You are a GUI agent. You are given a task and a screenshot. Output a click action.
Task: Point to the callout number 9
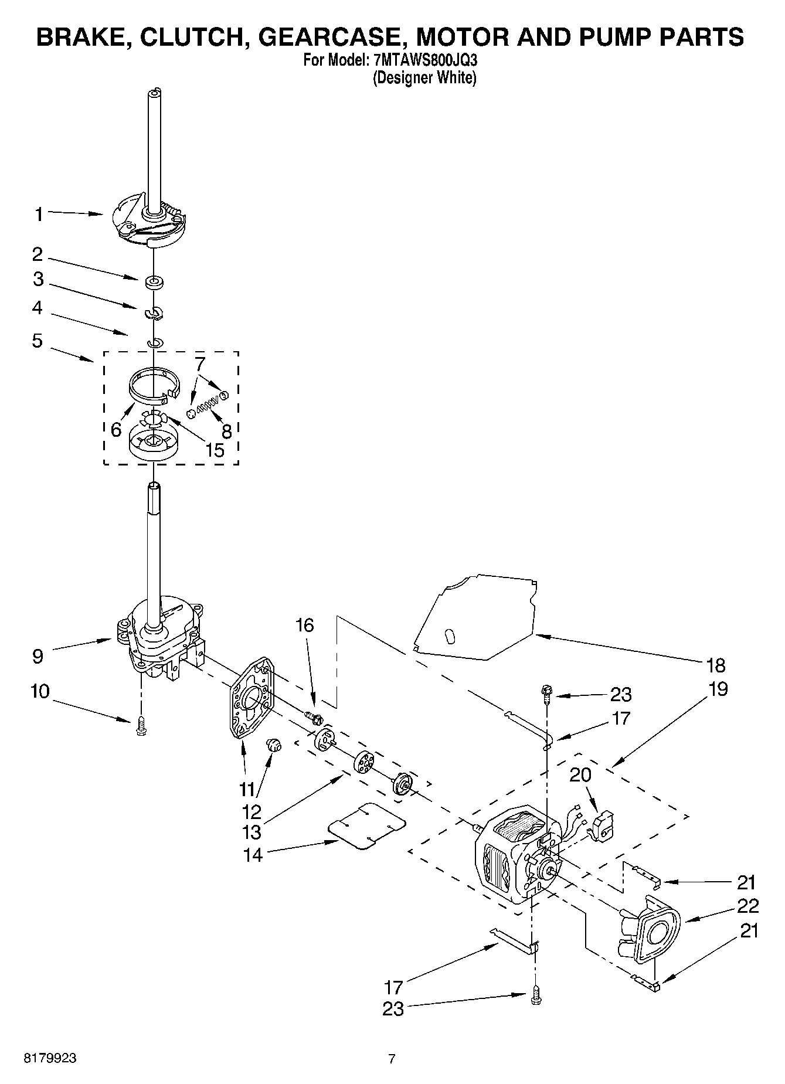[x=38, y=656]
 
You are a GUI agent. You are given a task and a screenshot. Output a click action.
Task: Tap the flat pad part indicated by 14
[x=366, y=825]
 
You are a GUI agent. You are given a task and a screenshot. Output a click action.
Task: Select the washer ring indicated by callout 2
[x=155, y=283]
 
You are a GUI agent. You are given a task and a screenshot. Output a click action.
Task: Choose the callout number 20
[x=580, y=774]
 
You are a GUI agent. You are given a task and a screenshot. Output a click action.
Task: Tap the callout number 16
[x=304, y=625]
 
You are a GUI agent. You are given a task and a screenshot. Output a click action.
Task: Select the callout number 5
[x=38, y=341]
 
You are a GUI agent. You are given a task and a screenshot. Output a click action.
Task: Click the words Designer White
[x=424, y=77]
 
